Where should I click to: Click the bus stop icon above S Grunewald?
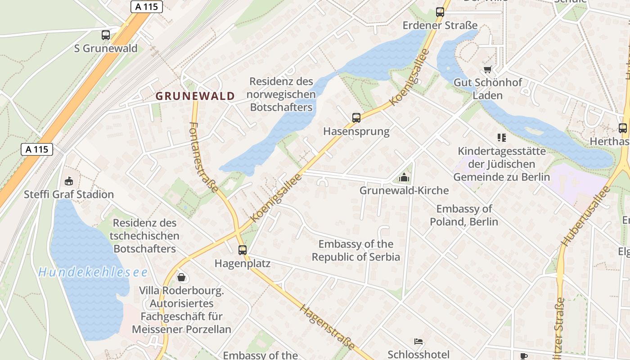click(x=106, y=35)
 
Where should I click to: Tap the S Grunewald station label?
click(x=106, y=48)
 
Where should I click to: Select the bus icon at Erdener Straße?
click(x=440, y=12)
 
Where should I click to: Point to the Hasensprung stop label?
click(x=356, y=131)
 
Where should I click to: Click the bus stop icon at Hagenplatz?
click(x=243, y=250)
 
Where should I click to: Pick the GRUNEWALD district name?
click(x=195, y=96)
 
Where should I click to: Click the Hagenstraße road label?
click(x=327, y=328)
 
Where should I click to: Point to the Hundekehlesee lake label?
click(x=93, y=272)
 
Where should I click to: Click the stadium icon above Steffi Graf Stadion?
click(x=69, y=181)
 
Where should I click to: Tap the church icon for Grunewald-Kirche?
click(x=404, y=177)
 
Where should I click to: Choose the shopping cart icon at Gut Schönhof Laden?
click(x=487, y=69)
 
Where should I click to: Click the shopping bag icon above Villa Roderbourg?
click(x=181, y=277)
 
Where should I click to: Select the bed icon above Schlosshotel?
click(x=418, y=342)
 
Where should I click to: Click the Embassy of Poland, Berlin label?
click(x=464, y=215)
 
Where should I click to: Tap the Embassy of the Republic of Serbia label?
click(x=355, y=251)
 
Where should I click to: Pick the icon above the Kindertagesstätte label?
click(x=501, y=137)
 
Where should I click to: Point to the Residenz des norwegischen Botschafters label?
click(x=281, y=94)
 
